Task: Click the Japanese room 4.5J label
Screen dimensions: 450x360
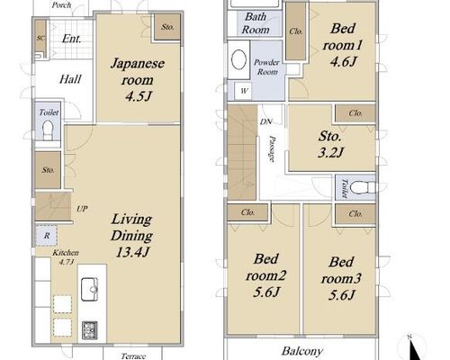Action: [x=138, y=80]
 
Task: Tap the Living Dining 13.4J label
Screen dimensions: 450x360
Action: [x=132, y=236]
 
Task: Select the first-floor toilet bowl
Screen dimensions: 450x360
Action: [x=48, y=130]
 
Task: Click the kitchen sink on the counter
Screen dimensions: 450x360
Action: [x=89, y=290]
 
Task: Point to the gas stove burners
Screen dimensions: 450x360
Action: [x=90, y=330]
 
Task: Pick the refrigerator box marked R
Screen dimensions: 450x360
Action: [x=47, y=236]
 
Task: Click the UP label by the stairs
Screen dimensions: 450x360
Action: [x=82, y=209]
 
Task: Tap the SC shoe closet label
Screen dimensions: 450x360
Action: [x=40, y=38]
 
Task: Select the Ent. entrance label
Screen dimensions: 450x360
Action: [x=71, y=39]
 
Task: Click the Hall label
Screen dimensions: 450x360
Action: [x=70, y=79]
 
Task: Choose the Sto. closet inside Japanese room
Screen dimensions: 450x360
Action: [x=167, y=27]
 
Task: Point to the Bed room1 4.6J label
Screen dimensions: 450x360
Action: [x=343, y=45]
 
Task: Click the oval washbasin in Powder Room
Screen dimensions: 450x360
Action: [x=239, y=59]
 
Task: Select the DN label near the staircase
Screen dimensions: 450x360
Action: [x=266, y=121]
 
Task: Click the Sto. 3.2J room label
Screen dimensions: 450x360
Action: [x=330, y=145]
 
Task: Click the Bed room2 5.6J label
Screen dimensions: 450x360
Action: [x=265, y=275]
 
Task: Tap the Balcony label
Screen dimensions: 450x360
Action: [x=301, y=351]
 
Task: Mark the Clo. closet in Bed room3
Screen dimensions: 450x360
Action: [x=355, y=214]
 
